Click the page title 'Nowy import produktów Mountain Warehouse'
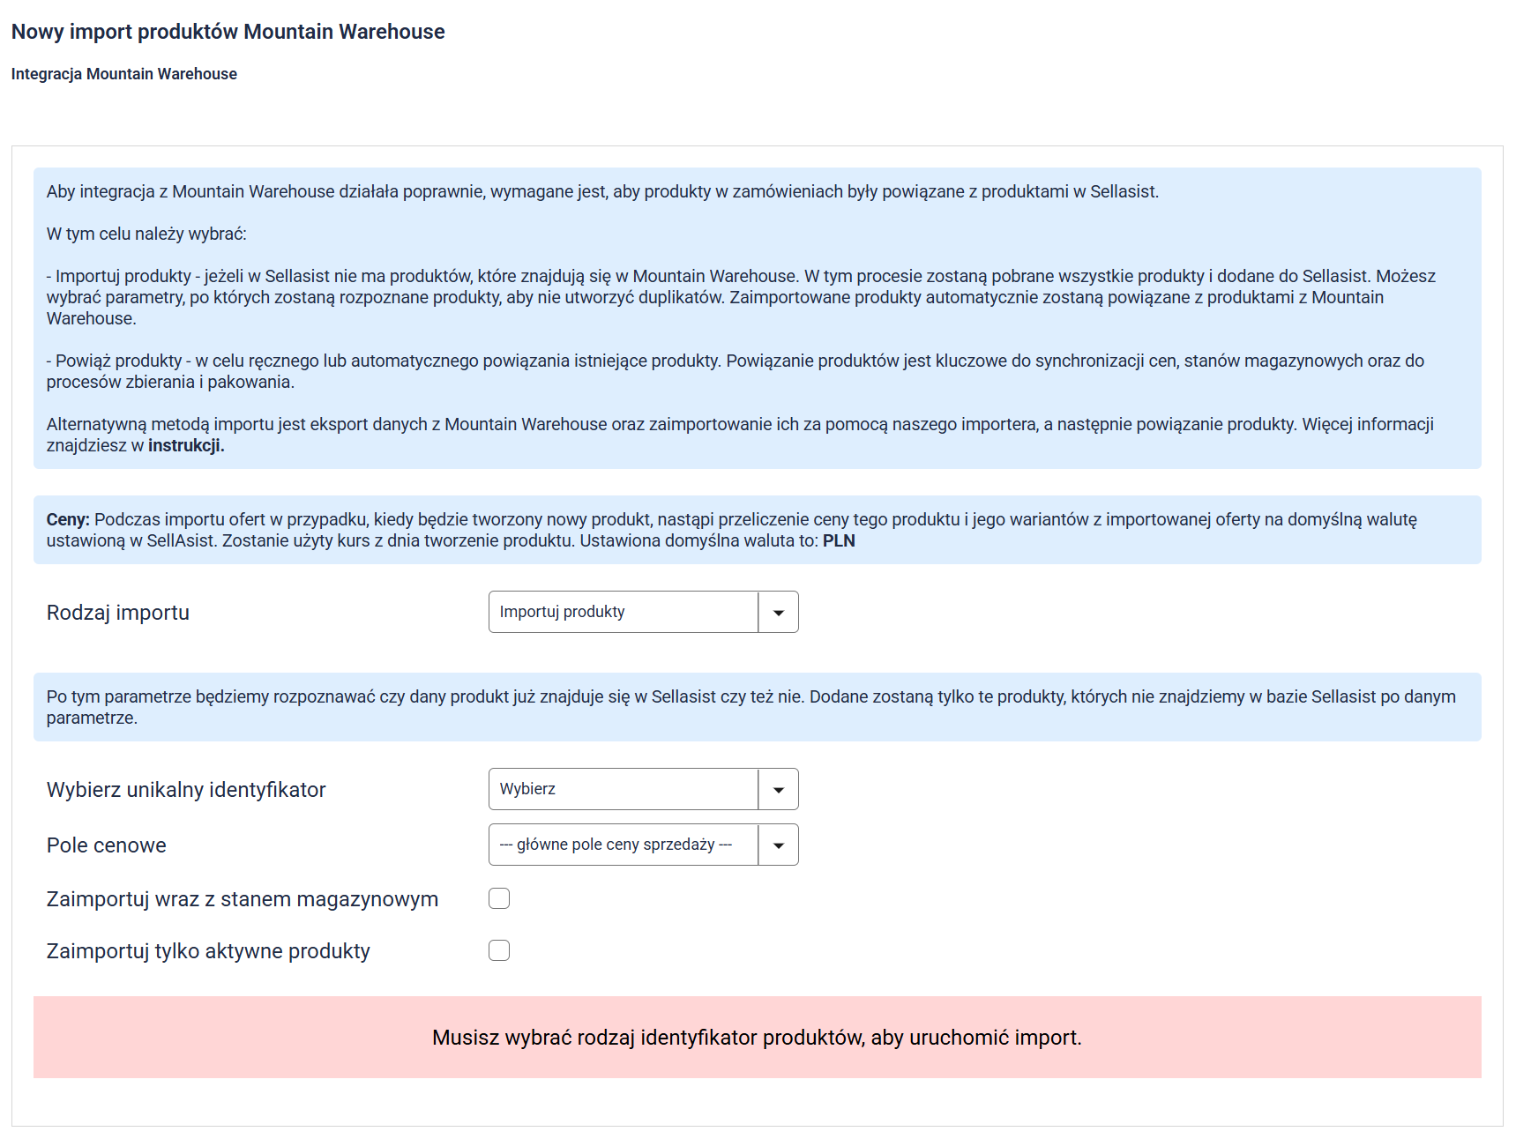[228, 32]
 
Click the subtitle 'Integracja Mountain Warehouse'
[123, 74]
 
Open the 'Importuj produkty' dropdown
[623, 612]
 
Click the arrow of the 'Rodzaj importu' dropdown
[779, 613]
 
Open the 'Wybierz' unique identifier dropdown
[623, 789]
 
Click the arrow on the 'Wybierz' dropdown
[779, 790]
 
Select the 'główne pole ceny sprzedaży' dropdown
[623, 845]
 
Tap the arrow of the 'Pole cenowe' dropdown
[779, 845]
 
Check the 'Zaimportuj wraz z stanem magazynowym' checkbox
[499, 898]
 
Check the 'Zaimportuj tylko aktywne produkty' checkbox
[499, 950]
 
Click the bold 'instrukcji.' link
[186, 446]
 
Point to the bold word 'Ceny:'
[68, 520]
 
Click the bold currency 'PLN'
[839, 541]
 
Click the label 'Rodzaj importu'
[118, 613]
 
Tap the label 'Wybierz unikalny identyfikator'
[186, 790]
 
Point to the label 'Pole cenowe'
[106, 845]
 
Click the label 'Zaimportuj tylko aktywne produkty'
[208, 951]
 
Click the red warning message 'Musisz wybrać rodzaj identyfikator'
[757, 1038]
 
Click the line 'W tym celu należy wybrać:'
[146, 234]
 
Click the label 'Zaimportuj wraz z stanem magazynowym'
[243, 899]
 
